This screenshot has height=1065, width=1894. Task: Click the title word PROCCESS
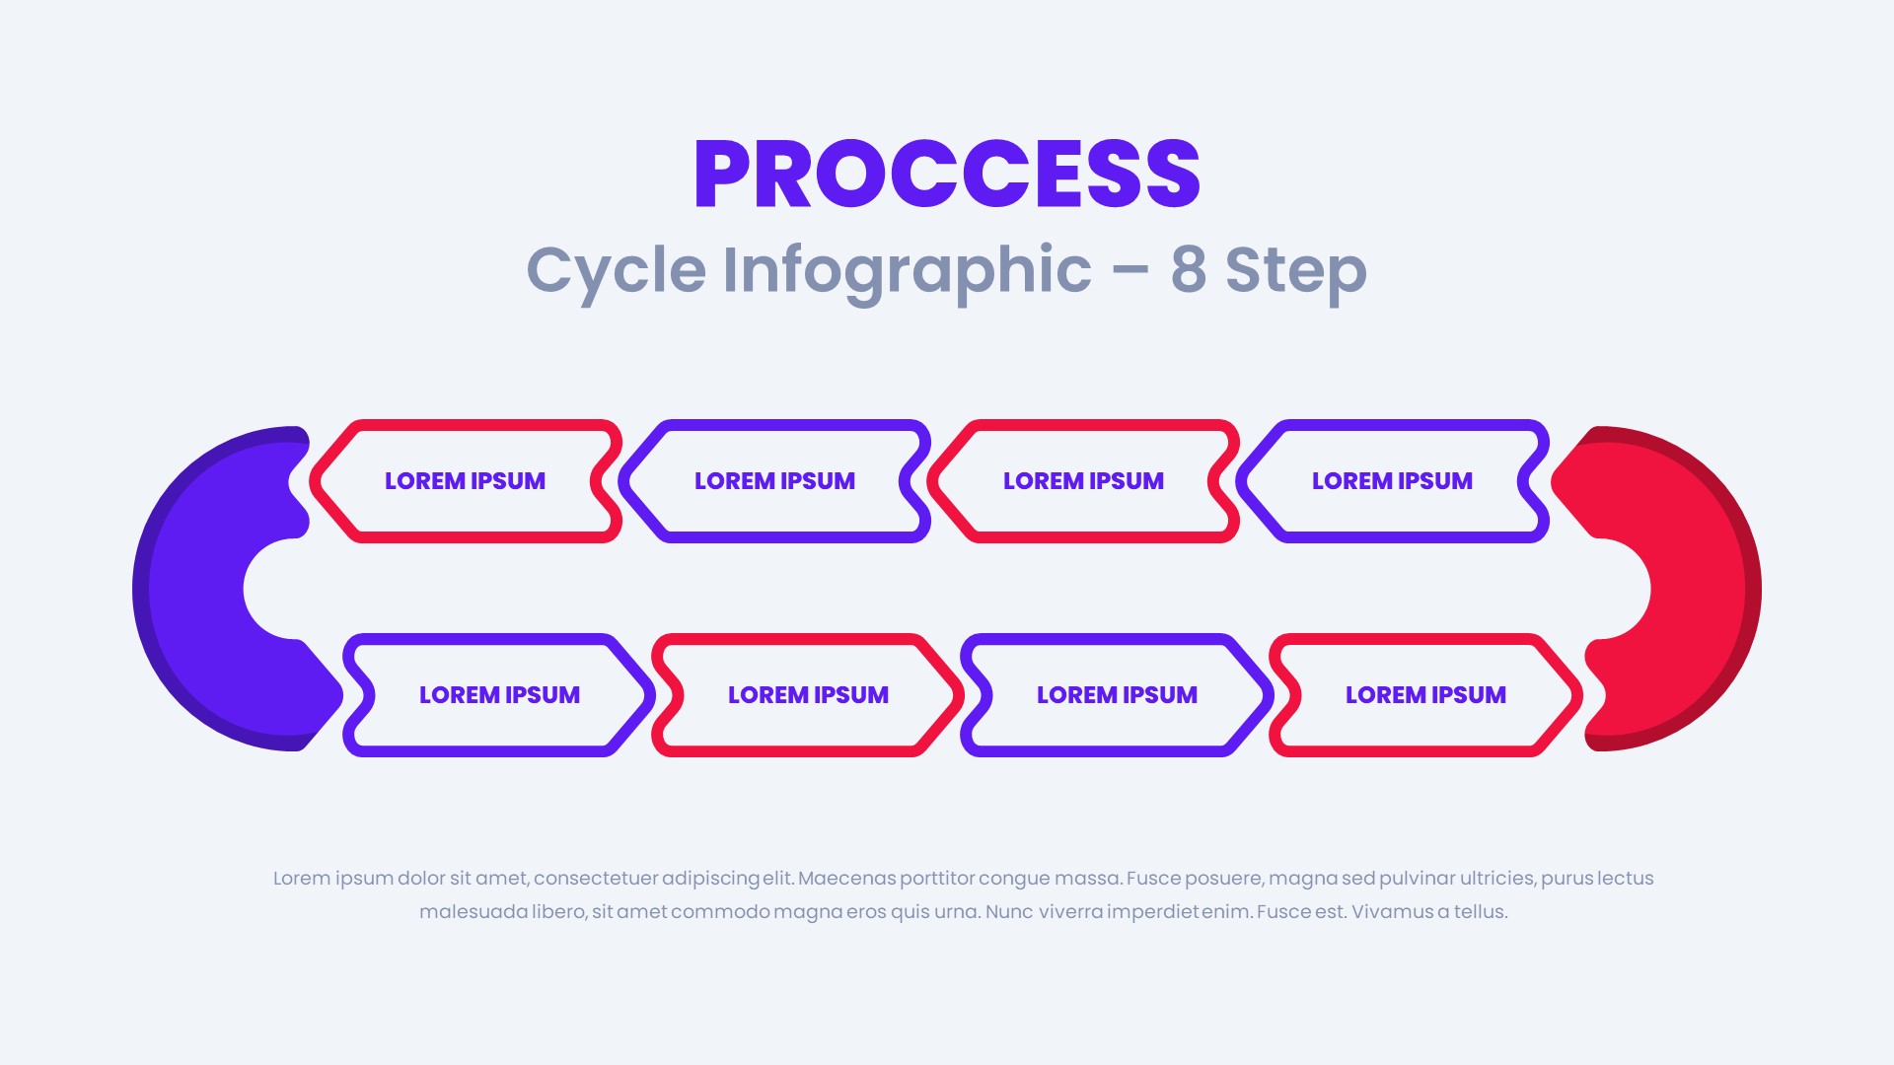tap(947, 175)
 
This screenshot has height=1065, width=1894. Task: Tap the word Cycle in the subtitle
tap(616, 269)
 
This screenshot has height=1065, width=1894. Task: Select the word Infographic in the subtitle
tap(907, 269)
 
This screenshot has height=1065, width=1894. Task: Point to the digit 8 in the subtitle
tap(1188, 269)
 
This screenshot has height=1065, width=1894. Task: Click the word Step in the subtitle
tap(1295, 269)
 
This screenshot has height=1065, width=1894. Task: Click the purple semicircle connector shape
tap(197, 589)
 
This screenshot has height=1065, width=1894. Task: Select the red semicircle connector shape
tap(1697, 589)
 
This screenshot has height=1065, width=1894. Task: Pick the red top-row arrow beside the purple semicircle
tap(465, 481)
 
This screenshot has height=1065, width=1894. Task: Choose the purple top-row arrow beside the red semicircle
tap(1392, 481)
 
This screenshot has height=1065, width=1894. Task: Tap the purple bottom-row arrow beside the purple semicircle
tap(499, 695)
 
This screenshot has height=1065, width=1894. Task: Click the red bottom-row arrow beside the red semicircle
tap(1425, 695)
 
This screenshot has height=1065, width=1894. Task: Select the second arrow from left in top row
tap(774, 481)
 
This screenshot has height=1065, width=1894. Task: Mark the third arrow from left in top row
tap(1083, 481)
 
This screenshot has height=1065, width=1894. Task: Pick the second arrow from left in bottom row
tap(808, 695)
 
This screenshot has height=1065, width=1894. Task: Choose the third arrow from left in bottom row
tap(1117, 695)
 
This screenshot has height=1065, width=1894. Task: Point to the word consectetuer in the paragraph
tap(595, 879)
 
